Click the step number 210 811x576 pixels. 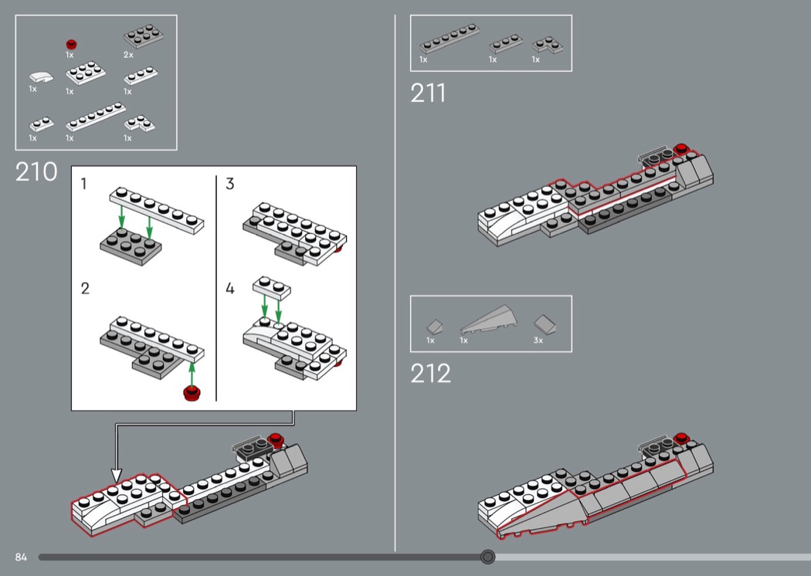tap(36, 171)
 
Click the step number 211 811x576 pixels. tap(428, 93)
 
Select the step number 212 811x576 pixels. tap(430, 373)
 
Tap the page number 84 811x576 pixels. tap(21, 557)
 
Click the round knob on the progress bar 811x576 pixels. tap(487, 557)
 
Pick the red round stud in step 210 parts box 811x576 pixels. tap(71, 45)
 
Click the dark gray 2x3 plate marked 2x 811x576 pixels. tap(143, 36)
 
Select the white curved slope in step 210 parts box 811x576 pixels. tap(41, 77)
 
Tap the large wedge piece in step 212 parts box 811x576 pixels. tap(485, 320)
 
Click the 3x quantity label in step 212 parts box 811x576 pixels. tap(538, 341)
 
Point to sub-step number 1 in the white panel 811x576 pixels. tap(83, 184)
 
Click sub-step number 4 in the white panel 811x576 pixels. tap(230, 288)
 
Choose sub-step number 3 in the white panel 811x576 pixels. tap(230, 184)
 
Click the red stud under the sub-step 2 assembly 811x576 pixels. tap(192, 393)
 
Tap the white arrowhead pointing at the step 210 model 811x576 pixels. tap(117, 475)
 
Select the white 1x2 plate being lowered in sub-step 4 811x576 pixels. tap(272, 287)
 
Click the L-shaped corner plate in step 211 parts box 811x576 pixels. tap(548, 45)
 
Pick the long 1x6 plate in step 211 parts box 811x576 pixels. tap(450, 39)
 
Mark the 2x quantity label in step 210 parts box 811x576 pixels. tap(128, 55)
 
